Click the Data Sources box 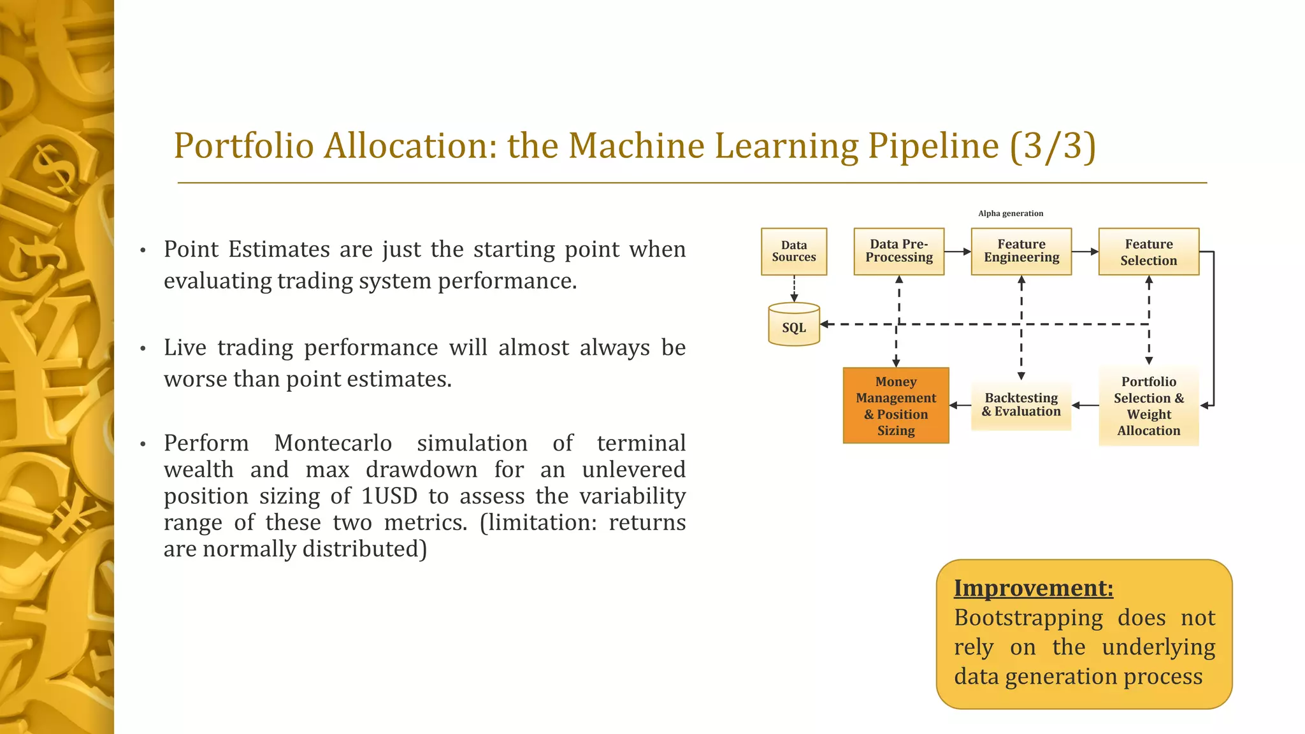coord(794,252)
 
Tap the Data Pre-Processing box coord(898,252)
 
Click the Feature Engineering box coord(1021,252)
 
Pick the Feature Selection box coord(1148,252)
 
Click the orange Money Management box coord(896,406)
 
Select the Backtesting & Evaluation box coord(1021,405)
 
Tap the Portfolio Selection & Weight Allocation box coord(1148,406)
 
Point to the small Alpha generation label coord(1011,213)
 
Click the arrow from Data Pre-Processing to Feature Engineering coord(957,252)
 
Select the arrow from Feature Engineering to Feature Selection coord(1085,252)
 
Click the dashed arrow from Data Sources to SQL coord(794,289)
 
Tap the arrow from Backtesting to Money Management coord(960,405)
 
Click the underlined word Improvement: coord(1033,588)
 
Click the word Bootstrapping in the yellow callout coord(1028,618)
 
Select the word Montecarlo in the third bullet coord(333,443)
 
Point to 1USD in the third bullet coord(389,496)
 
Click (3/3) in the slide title coord(1053,145)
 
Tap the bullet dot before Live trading coord(143,349)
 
